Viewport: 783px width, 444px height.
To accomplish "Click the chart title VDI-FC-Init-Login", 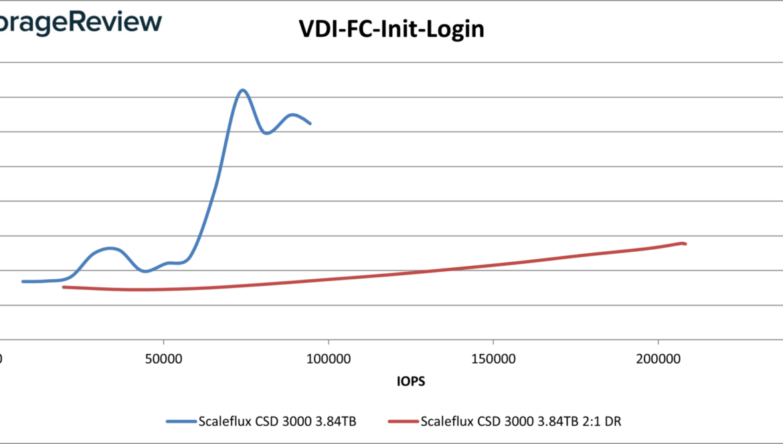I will point(391,29).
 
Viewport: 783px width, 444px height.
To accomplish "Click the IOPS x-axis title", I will point(411,382).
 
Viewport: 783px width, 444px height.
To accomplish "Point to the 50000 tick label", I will point(165,360).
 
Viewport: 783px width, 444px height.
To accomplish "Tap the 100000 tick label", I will point(329,360).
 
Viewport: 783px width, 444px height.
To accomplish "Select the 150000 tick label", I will point(493,360).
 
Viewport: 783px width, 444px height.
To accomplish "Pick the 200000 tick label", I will point(658,360).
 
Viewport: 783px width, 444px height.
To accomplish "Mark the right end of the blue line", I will point(310,123).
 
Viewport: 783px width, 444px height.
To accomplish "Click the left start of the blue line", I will point(23,281).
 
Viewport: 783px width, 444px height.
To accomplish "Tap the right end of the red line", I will point(685,243).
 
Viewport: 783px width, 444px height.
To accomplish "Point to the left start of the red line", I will point(63,287).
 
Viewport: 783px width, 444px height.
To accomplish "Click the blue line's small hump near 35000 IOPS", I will point(111,248).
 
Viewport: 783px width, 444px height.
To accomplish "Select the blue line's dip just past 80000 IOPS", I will point(267,133).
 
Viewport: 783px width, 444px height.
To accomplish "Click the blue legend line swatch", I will point(181,421).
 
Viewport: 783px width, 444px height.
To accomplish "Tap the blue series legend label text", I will point(277,421).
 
